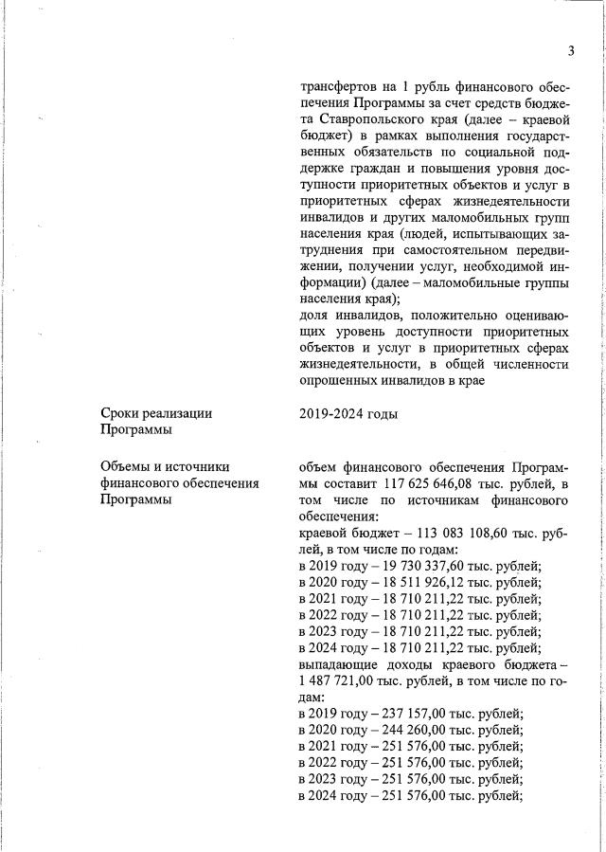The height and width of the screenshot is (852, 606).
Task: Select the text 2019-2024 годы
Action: pos(348,414)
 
